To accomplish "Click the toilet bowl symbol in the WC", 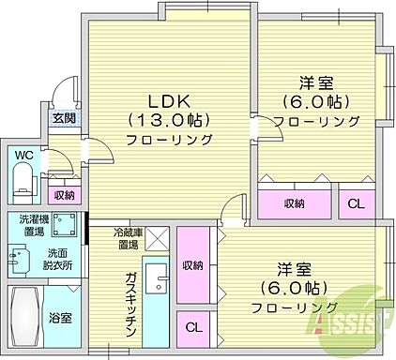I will [23, 177].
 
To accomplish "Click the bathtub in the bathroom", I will [25, 317].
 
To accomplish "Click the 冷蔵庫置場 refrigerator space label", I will [129, 237].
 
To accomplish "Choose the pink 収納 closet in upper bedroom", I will [295, 202].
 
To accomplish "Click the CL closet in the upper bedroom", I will [358, 202].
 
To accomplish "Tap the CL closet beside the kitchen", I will [192, 328].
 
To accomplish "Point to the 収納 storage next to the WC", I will [64, 194].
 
